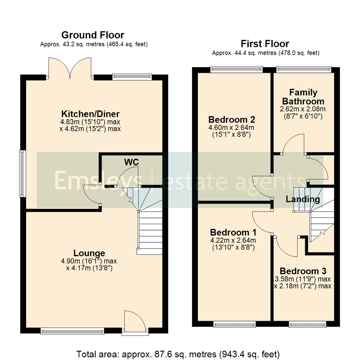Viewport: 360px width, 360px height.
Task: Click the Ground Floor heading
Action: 93,35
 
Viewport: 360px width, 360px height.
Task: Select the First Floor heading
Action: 265,44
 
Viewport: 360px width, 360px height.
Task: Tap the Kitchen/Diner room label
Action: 90,114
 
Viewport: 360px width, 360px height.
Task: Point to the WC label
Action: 131,162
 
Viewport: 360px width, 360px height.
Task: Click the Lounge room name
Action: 89,253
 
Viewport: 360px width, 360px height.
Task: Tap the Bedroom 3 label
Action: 303,271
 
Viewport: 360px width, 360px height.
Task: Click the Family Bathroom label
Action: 303,97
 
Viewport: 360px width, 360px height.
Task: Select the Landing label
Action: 303,199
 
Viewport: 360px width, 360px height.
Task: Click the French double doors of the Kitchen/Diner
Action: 70,68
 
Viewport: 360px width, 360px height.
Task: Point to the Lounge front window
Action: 72,331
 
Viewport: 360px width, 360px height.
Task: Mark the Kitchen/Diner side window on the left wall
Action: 22,173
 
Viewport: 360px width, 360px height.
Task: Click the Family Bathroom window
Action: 304,69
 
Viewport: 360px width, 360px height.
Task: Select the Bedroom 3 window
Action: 307,324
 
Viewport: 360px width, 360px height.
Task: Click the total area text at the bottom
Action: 180,353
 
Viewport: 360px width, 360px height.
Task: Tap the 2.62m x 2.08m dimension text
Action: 303,109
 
